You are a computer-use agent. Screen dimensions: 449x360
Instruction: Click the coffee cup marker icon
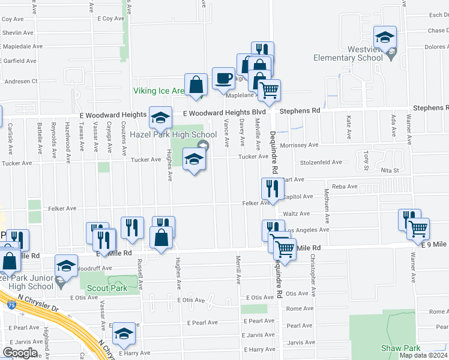coord(223,78)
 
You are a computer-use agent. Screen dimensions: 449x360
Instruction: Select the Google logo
coord(20,353)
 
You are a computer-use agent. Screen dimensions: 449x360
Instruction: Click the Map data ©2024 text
coord(424,355)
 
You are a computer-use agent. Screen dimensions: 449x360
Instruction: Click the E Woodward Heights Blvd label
coord(224,112)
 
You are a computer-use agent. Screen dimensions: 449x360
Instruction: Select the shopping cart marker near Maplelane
coord(270,90)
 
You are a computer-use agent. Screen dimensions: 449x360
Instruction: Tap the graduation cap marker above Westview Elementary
coord(385,37)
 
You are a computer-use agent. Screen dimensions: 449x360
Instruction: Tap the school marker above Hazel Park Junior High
coord(66,266)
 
